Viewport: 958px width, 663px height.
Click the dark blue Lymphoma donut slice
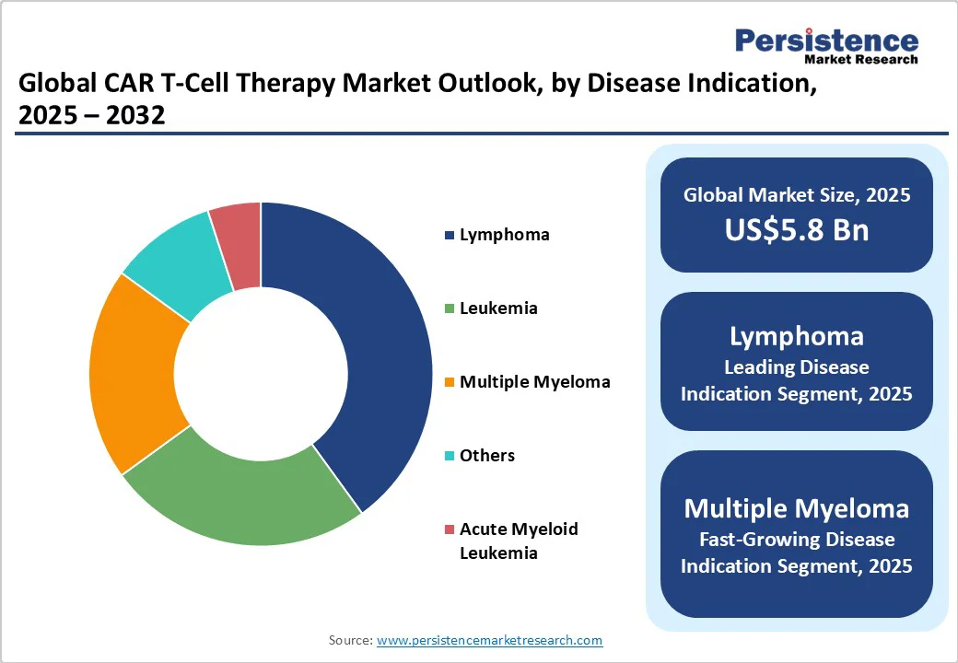coord(378,341)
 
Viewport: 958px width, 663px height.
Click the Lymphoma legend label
coord(504,235)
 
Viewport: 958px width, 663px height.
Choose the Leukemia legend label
coord(498,308)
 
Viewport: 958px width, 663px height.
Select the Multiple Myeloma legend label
coord(534,382)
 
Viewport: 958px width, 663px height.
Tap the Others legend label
coord(487,456)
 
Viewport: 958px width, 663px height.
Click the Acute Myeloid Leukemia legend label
coord(518,541)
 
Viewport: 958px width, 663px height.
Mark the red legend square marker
coord(450,529)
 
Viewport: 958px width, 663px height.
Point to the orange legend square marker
coord(450,382)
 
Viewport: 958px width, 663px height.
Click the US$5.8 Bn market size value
coord(796,230)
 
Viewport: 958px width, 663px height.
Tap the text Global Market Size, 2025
coord(796,195)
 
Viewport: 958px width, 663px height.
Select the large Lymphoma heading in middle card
coord(796,336)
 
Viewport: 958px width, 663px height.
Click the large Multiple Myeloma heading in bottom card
coord(796,508)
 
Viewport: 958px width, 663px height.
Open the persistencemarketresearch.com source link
coord(489,640)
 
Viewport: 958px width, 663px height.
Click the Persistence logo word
coord(826,41)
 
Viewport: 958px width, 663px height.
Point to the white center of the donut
coord(261,374)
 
